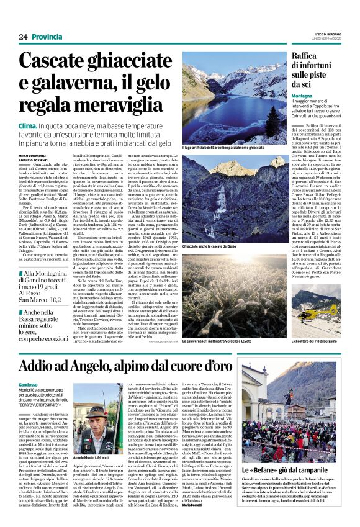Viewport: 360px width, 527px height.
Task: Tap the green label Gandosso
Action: (30, 385)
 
